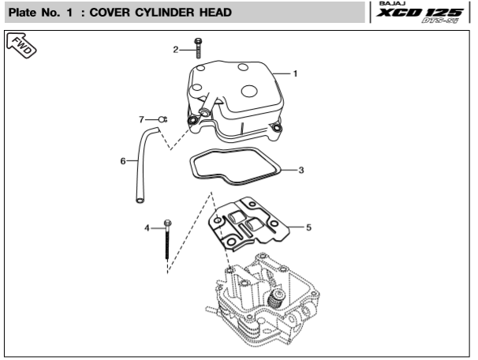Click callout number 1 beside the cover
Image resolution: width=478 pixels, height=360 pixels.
pyautogui.click(x=295, y=73)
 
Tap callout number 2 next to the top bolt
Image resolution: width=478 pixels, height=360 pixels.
pyautogui.click(x=177, y=50)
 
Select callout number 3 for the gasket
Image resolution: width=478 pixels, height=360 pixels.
pyautogui.click(x=301, y=170)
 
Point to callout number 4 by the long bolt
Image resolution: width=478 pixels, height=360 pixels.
pyautogui.click(x=147, y=228)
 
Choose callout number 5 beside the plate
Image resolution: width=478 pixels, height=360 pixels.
pyautogui.click(x=308, y=227)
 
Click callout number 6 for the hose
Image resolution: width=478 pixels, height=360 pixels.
pyautogui.click(x=123, y=161)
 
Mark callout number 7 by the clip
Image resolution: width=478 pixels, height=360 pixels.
pyautogui.click(x=142, y=119)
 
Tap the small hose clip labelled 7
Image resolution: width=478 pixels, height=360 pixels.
pyautogui.click(x=162, y=119)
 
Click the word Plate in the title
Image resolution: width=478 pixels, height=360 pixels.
pyautogui.click(x=23, y=13)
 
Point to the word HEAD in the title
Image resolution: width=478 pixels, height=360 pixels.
pyautogui.click(x=214, y=13)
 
